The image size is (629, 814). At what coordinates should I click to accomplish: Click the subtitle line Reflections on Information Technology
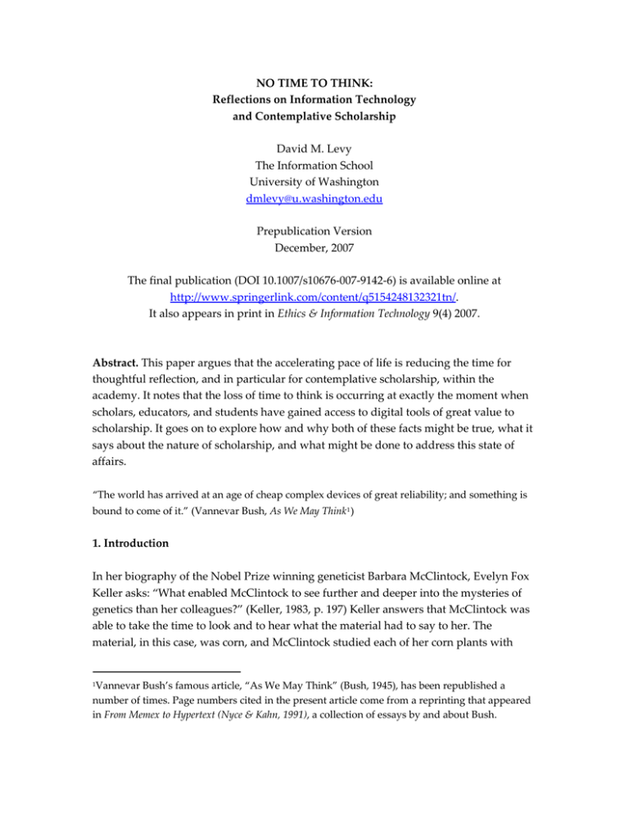314,103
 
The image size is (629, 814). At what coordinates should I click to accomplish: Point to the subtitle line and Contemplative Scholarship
314,122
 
